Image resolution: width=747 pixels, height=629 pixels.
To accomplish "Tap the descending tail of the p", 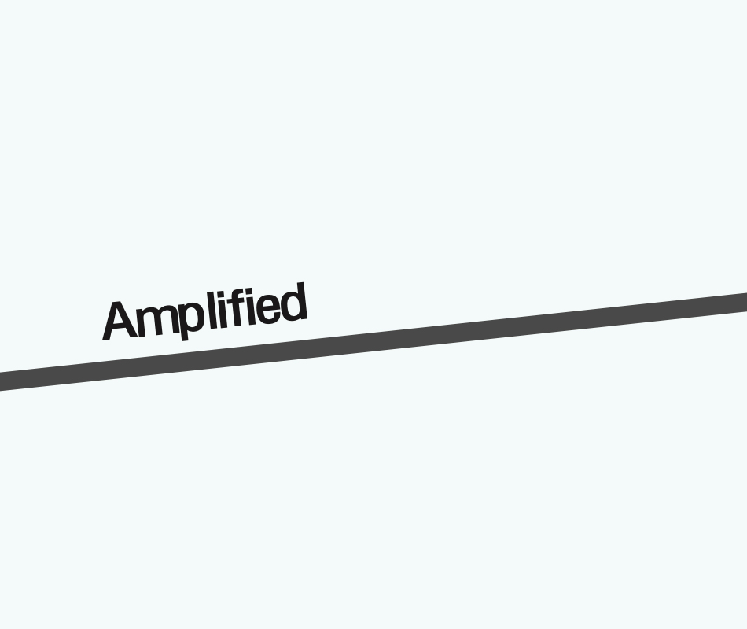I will tap(186, 333).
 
